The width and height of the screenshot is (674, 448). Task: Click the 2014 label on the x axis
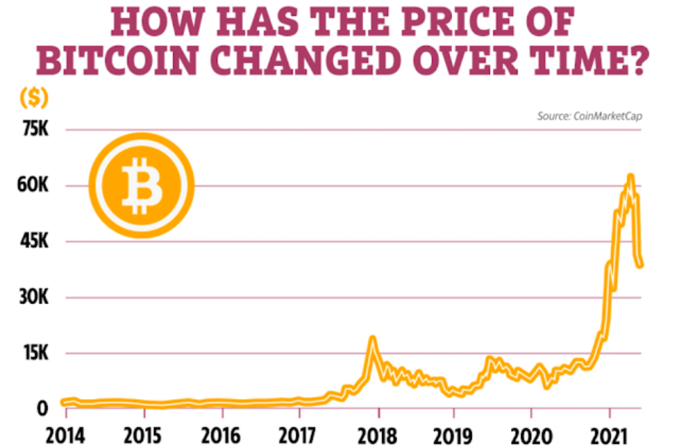point(65,434)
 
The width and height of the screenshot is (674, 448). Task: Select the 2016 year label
point(221,434)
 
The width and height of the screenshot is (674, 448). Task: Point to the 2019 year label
point(454,434)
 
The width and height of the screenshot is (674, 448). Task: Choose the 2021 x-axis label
point(610,434)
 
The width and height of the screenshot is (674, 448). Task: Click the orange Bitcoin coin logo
point(141,185)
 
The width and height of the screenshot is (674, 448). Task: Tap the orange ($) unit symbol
point(33,98)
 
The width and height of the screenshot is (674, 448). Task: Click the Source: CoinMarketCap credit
point(589,116)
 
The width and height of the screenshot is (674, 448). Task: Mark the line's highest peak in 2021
point(631,176)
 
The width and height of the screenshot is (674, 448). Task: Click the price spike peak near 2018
point(372,338)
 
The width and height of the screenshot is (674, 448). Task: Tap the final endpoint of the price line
point(640,265)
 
